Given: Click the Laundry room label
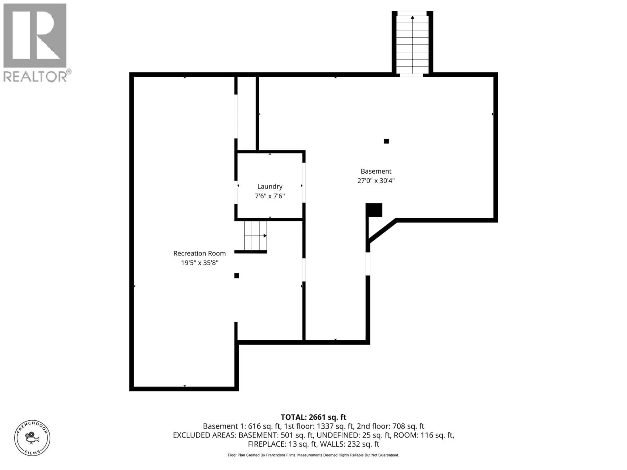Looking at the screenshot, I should [270, 186].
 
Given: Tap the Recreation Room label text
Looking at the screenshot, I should [200, 253].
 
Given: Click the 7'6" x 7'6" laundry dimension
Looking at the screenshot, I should [270, 196].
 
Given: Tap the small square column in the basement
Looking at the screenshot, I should [386, 141].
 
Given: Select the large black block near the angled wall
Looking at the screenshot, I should [374, 210].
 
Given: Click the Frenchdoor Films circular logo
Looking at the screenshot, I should [32, 438].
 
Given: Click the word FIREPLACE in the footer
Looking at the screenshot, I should [267, 444].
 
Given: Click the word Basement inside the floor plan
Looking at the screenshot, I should [376, 171].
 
